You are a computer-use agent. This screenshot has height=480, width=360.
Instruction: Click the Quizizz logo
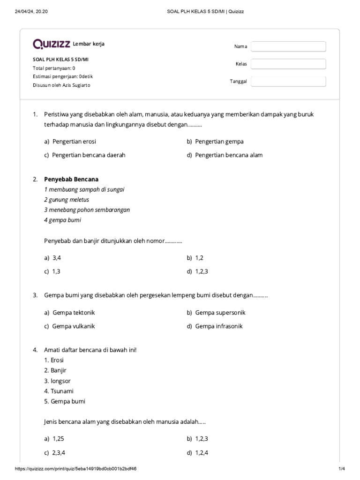[51, 44]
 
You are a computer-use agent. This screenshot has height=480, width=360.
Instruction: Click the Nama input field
[288, 46]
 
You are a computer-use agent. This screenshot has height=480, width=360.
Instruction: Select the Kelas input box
[288, 64]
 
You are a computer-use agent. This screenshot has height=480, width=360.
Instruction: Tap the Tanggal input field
[288, 82]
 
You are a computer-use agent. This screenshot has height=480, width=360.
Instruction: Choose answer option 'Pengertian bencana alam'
[229, 155]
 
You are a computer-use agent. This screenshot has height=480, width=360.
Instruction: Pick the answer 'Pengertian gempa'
[219, 142]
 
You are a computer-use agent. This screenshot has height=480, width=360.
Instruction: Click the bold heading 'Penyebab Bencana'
[71, 180]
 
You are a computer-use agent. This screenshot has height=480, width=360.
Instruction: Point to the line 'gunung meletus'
[67, 200]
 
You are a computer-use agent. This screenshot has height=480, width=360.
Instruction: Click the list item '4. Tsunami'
[59, 391]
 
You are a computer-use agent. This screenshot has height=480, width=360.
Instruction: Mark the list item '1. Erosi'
[54, 360]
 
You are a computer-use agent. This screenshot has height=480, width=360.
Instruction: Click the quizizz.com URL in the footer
[75, 469]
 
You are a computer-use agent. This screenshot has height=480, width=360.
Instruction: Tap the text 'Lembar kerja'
[89, 44]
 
